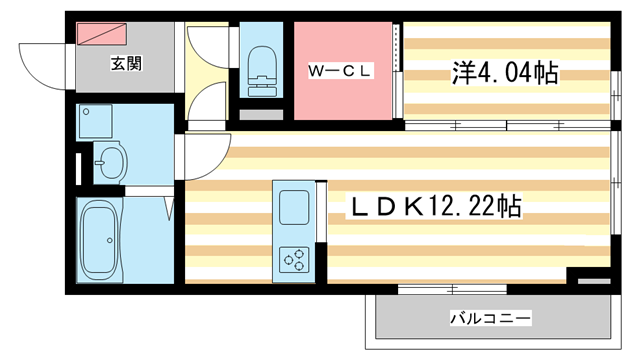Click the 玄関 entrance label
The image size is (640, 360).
click(126, 64)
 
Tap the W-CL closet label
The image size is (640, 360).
click(340, 71)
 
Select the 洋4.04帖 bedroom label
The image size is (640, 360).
click(504, 73)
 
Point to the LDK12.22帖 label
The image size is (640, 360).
click(434, 206)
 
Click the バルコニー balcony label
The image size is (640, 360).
click(491, 318)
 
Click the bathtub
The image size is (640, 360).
click(101, 240)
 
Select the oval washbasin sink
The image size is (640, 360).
click(111, 162)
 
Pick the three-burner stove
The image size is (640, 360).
click(294, 259)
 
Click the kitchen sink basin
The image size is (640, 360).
click(294, 207)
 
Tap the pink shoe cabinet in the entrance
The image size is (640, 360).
click(102, 33)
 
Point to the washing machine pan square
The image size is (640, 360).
click(95, 121)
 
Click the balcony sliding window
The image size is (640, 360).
click(452, 289)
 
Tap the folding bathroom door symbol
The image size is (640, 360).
click(169, 209)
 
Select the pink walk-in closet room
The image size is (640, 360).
click(343, 71)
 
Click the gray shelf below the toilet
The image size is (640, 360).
click(261, 115)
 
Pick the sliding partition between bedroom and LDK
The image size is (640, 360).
click(507, 126)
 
